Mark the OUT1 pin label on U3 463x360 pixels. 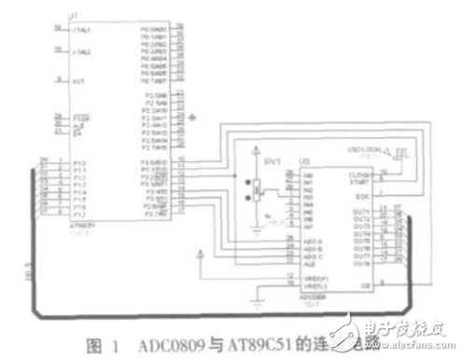[x=361, y=209]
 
